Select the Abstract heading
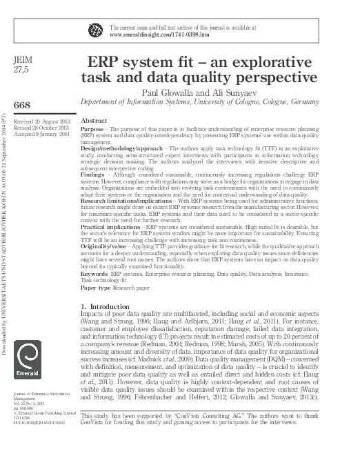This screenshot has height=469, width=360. [x=94, y=120]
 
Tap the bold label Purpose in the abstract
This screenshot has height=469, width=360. [x=92, y=129]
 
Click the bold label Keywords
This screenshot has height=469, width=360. [x=94, y=275]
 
